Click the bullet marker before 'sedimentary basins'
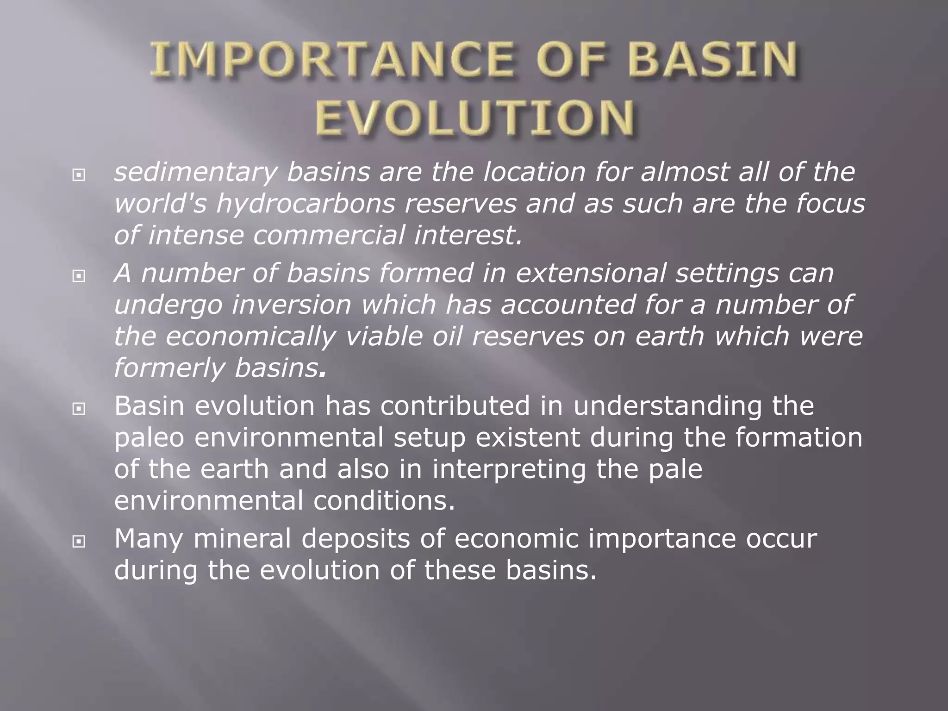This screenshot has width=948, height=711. click(79, 175)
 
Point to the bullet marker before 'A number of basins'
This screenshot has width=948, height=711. click(79, 276)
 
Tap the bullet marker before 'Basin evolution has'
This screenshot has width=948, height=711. click(79, 409)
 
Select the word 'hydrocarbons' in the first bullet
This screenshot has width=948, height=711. click(306, 204)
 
